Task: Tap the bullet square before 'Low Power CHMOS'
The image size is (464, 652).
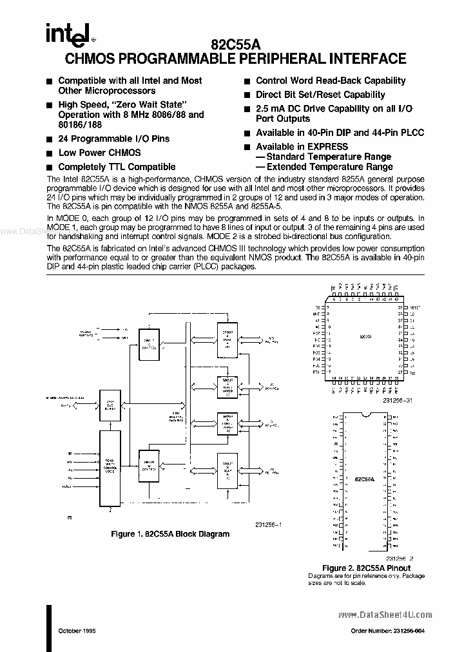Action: click(x=50, y=153)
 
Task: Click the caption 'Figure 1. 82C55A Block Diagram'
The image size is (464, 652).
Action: click(x=170, y=534)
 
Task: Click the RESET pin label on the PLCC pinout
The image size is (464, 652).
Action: click(x=414, y=308)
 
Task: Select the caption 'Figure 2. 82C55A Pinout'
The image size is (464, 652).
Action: click(x=366, y=568)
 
